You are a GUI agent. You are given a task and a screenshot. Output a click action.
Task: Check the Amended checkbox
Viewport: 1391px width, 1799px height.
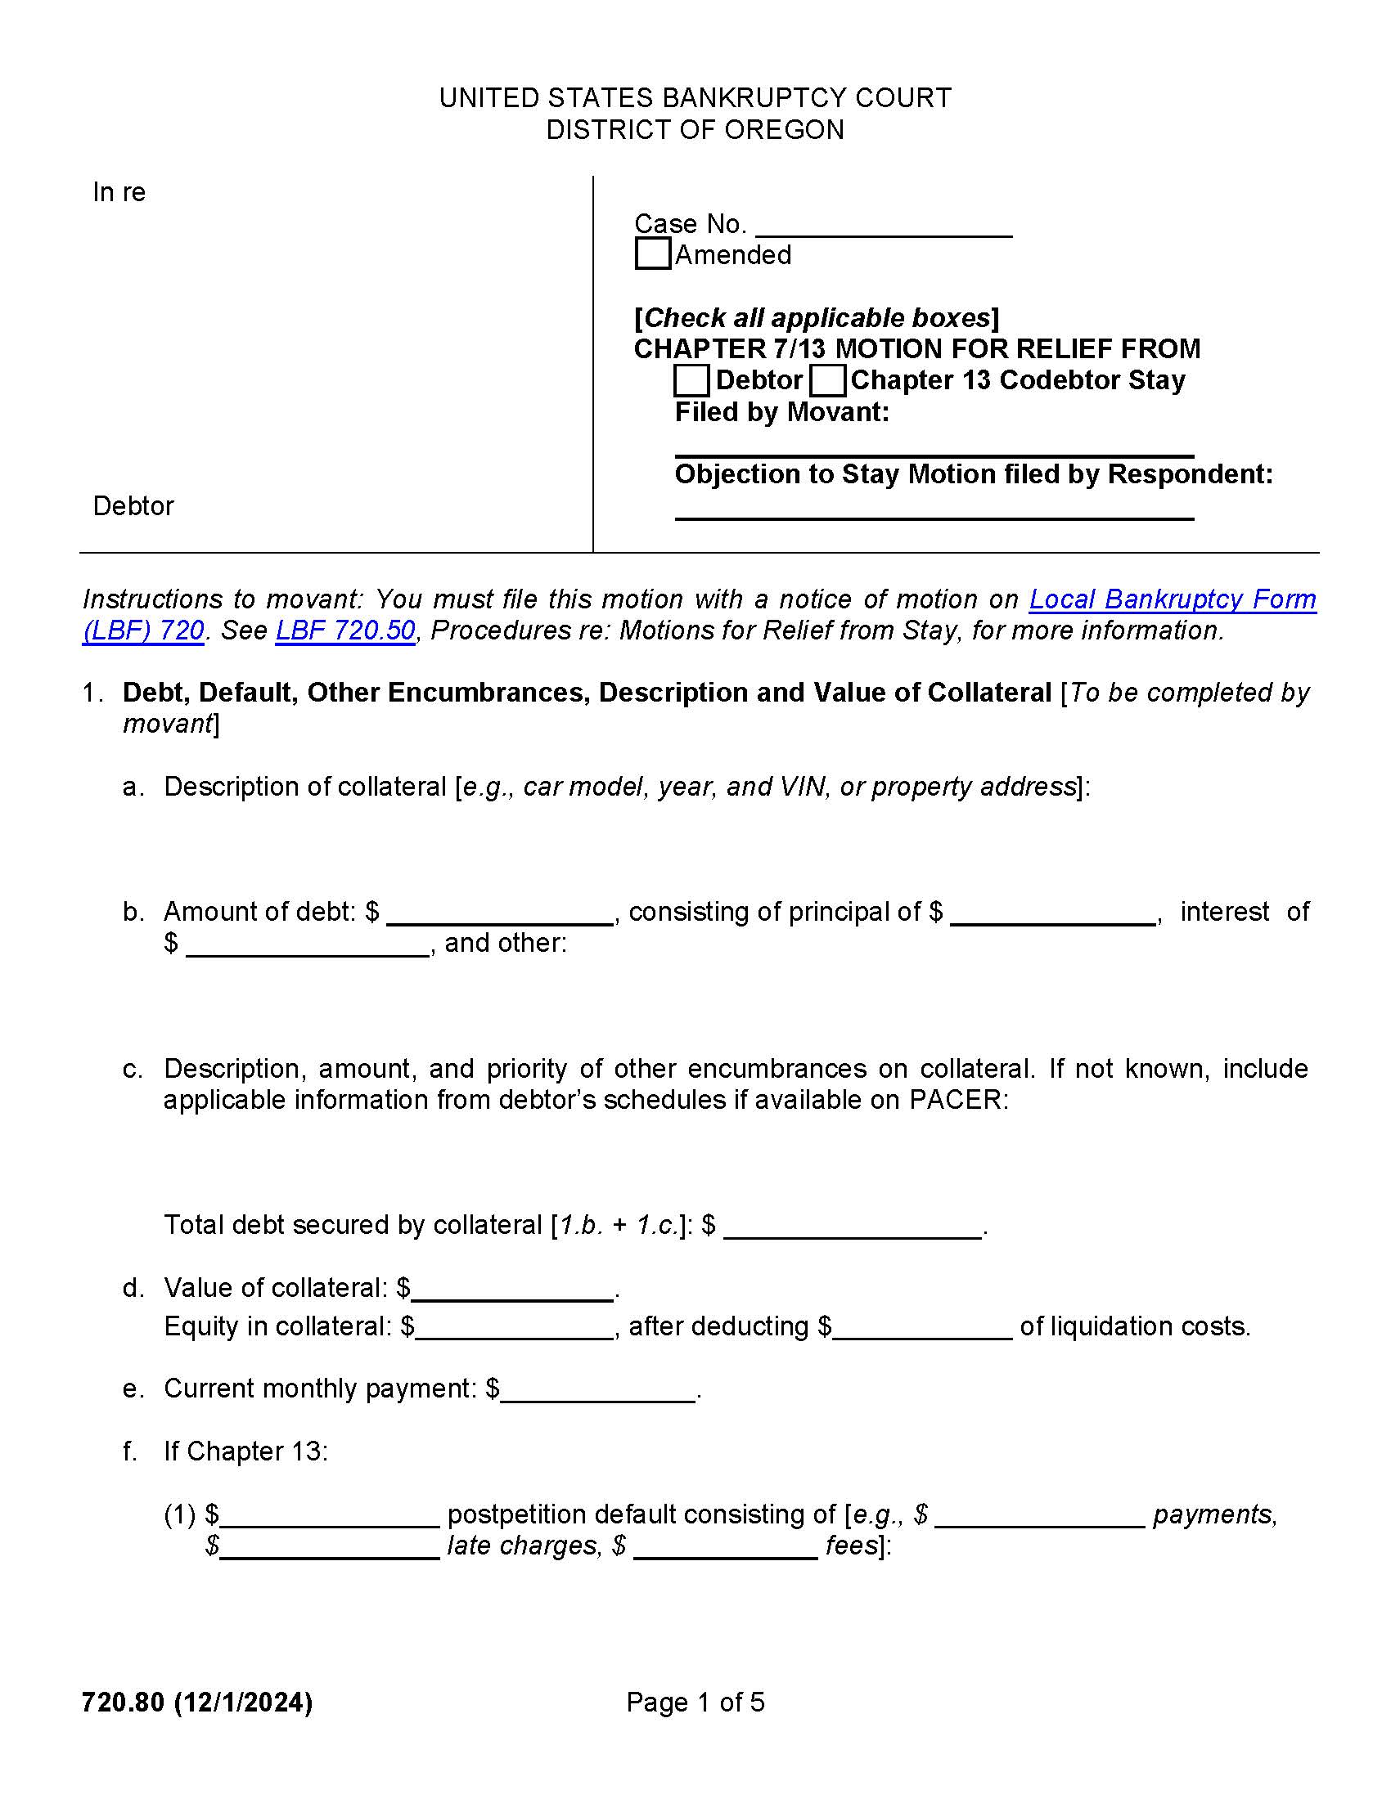click(653, 253)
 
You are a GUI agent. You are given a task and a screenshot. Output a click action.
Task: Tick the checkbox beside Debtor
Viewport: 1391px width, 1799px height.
click(691, 380)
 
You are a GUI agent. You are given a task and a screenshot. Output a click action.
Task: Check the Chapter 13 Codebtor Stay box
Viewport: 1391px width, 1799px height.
click(826, 380)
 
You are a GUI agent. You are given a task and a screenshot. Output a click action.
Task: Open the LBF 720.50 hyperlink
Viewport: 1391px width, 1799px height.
click(344, 630)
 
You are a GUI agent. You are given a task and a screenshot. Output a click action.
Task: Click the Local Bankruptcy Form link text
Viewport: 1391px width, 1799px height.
click(1171, 599)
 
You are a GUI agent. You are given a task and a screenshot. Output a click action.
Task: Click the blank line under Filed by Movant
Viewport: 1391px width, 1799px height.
click(934, 445)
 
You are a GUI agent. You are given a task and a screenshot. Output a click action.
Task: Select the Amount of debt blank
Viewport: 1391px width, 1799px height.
click(499, 914)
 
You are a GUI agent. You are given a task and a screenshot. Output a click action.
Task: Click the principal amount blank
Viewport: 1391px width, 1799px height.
click(1052, 914)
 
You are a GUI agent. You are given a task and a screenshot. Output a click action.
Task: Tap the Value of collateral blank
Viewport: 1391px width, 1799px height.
click(511, 1290)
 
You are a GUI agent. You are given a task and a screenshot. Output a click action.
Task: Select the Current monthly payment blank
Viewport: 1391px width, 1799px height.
click(598, 1390)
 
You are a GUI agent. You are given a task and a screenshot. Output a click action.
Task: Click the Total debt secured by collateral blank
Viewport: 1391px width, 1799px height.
click(852, 1227)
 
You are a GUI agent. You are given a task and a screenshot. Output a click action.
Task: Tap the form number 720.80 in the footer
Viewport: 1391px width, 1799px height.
click(123, 1702)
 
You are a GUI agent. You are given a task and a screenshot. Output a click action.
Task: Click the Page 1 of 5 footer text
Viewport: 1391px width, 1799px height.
click(695, 1702)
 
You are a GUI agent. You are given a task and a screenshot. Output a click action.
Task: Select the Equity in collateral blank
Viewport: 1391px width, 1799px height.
click(514, 1328)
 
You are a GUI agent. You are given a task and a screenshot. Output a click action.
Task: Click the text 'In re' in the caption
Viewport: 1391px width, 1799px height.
click(119, 192)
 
